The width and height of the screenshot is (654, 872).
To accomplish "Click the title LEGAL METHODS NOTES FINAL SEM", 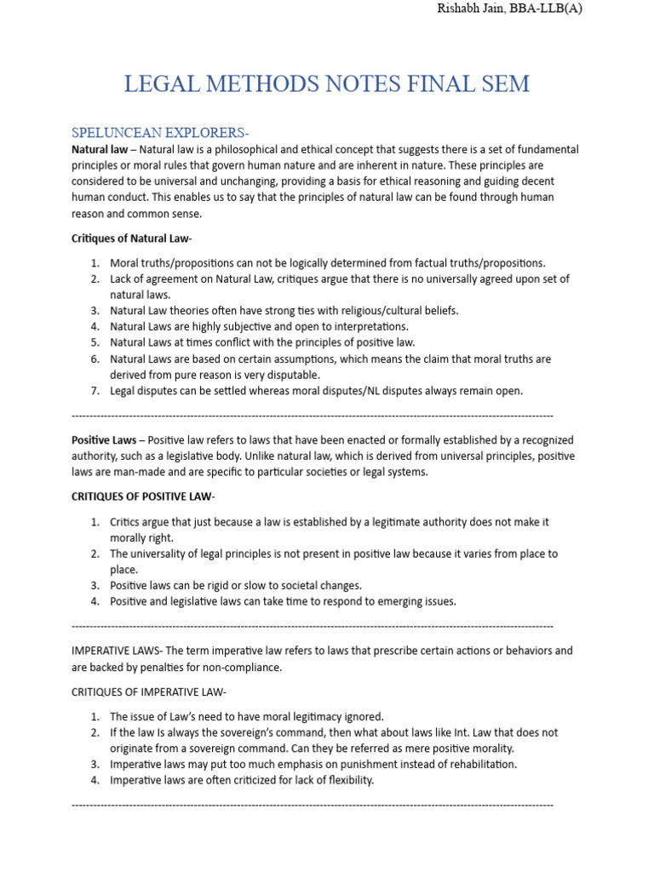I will [327, 83].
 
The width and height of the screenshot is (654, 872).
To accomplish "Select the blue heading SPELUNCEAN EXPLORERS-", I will [160, 133].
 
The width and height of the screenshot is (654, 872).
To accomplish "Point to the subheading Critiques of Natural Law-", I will [137, 238].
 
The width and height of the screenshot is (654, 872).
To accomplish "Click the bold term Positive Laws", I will [103, 440].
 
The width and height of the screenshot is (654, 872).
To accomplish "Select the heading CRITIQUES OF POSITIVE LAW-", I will [143, 496].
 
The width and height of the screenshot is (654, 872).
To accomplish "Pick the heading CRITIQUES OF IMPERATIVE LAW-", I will [149, 691].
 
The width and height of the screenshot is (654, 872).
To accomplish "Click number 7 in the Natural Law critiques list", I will [95, 391].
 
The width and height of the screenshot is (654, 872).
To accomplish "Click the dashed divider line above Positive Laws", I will [313, 416].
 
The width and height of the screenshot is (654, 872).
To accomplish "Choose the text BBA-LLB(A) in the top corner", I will [551, 9].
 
